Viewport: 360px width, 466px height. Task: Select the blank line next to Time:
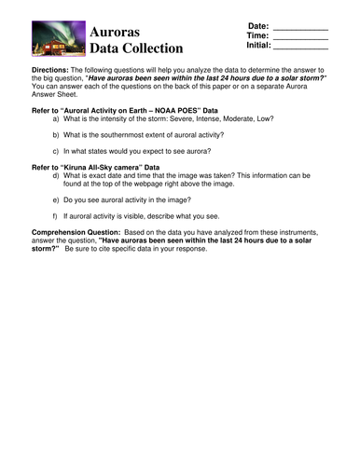[301, 38]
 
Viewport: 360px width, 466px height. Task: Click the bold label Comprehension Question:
[76, 230]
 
